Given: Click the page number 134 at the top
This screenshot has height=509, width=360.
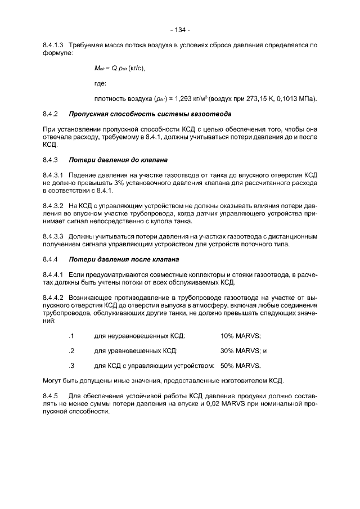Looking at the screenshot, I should pos(181,30).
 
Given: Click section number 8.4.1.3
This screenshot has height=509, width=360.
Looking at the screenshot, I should pos(55,44).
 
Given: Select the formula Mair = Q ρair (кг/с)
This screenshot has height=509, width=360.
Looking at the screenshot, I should pos(120,68).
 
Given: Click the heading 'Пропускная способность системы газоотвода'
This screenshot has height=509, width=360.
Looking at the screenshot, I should pos(149,114).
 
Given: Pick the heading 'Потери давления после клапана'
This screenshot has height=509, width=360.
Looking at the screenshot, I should pos(123,259).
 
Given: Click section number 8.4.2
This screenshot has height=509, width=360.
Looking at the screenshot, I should pos(51,114).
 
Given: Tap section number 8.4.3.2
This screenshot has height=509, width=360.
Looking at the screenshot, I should pos(55,206).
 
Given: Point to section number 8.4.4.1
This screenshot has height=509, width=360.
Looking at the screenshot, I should pos(55,274).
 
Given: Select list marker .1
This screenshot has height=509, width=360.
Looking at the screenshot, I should pos(71,336).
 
